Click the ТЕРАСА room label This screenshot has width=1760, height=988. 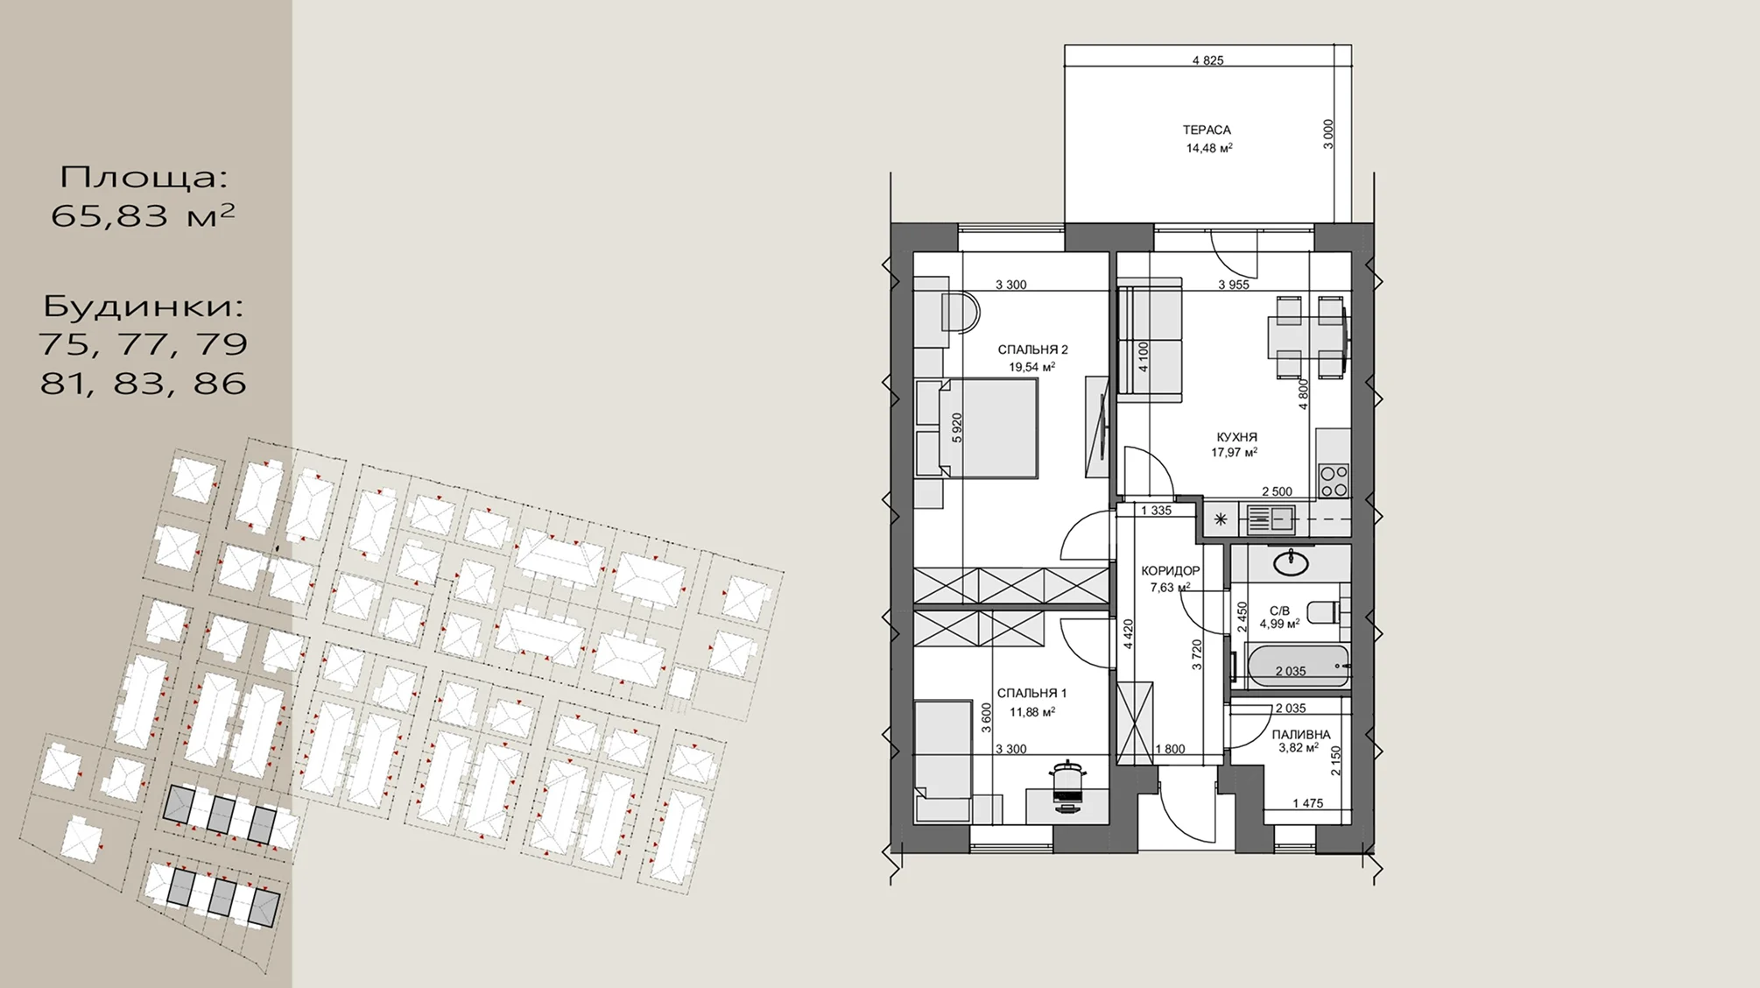(1207, 130)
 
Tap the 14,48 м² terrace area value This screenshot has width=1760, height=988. (1209, 148)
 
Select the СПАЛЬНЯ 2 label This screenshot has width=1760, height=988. (1033, 349)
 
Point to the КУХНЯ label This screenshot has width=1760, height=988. (1236, 437)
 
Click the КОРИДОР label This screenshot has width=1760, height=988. (1171, 570)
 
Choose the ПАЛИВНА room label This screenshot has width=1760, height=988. (1301, 734)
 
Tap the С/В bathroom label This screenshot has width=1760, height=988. (1279, 610)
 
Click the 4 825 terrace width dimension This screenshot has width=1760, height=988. (1208, 60)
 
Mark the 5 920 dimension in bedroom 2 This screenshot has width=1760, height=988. (957, 427)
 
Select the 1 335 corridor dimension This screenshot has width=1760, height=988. (1156, 510)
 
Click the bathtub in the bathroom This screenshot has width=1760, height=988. (1298, 666)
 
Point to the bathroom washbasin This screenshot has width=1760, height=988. (1291, 561)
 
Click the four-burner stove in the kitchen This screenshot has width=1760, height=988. (1334, 481)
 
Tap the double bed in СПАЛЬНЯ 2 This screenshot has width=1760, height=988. (988, 427)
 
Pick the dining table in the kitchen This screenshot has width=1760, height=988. (1307, 336)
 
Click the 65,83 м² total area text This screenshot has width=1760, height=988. (143, 215)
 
